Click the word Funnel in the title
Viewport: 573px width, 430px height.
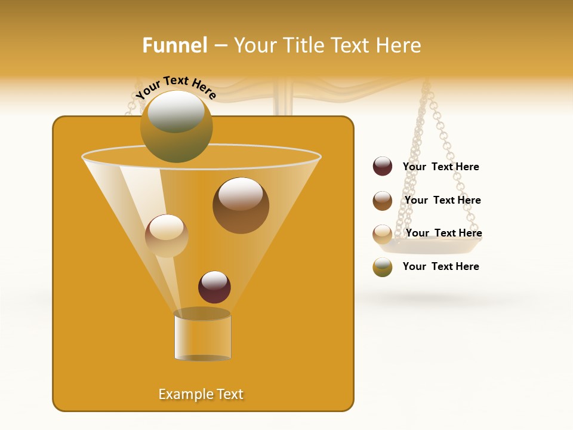coord(175,45)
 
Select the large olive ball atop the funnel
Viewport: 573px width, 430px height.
coord(176,127)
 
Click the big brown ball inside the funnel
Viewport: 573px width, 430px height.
coord(241,205)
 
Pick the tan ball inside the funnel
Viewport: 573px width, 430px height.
coord(167,236)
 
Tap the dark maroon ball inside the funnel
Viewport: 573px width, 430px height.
coord(214,287)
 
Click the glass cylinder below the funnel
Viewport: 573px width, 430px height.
coord(202,336)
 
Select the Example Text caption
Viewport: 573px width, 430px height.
coord(201,394)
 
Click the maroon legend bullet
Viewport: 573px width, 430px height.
coord(383,167)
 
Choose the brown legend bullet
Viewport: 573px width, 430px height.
coord(383,201)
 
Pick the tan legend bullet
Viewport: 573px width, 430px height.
coord(383,234)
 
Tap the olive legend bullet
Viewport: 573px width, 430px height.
coord(383,267)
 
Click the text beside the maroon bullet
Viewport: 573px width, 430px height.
coord(440,167)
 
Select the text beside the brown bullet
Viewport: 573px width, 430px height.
coord(442,201)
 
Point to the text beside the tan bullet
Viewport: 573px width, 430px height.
coord(443,233)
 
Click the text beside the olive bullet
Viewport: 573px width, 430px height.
coord(440,266)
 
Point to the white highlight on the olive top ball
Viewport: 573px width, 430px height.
coord(176,111)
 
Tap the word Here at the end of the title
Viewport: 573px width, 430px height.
coord(399,45)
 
